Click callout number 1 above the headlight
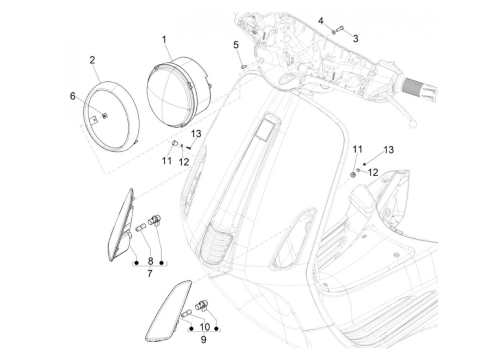[x=164, y=39]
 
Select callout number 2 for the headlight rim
[x=92, y=60]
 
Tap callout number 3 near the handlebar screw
[x=355, y=39]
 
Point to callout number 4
[x=321, y=21]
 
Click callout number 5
[x=236, y=45]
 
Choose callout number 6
[x=73, y=96]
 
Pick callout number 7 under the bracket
[x=150, y=274]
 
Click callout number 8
[x=150, y=261]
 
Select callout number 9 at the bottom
[x=204, y=340]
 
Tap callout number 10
[x=204, y=327]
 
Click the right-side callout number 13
[x=388, y=150]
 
